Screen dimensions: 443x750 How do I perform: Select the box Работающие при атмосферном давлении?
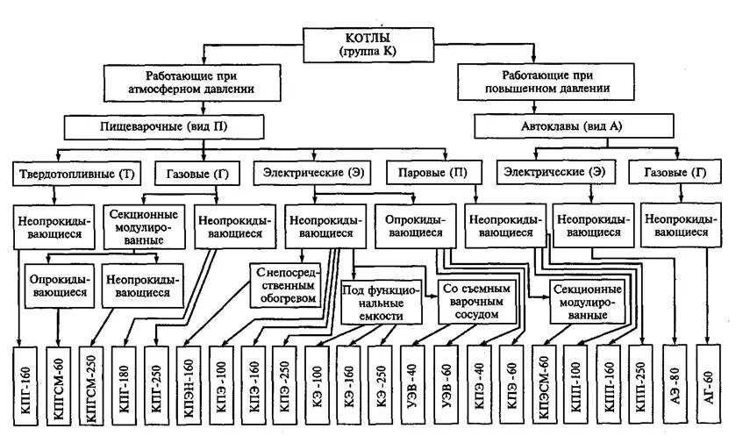click(191, 82)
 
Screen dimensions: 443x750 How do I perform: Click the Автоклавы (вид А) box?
click(561, 126)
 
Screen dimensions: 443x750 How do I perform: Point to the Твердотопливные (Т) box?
click(77, 174)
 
